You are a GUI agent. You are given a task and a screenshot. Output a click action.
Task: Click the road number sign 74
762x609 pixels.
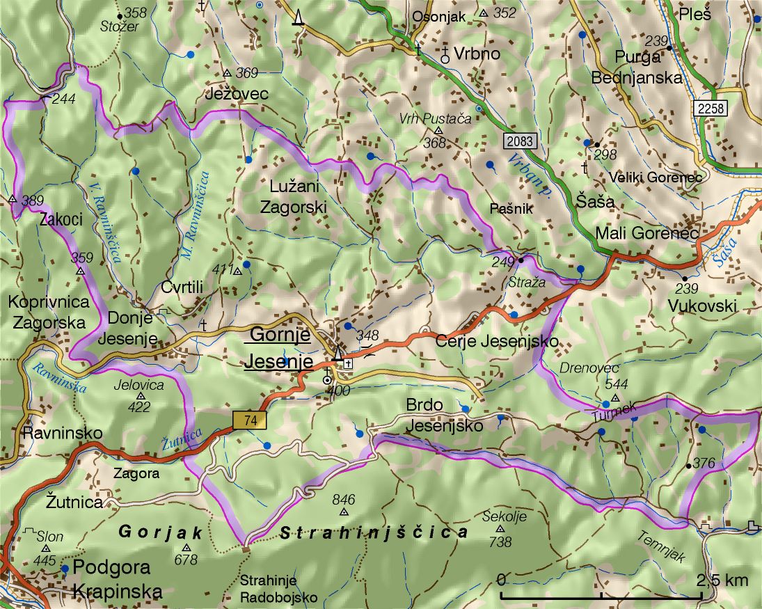[248, 420]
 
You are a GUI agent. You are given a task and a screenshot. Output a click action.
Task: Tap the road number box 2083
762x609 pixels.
[521, 141]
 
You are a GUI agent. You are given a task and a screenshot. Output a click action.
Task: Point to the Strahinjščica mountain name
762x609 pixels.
[374, 533]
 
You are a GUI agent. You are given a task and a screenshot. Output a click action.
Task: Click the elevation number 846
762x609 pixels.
[344, 499]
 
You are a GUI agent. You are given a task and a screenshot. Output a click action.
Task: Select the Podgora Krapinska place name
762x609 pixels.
[117, 579]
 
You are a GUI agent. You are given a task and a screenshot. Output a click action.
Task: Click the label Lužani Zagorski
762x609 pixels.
[292, 196]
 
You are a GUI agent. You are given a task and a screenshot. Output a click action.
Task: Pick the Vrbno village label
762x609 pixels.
[477, 54]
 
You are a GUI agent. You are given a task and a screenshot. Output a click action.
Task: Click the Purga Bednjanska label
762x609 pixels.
[636, 67]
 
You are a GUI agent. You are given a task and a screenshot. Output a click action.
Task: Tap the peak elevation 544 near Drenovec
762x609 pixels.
[617, 384]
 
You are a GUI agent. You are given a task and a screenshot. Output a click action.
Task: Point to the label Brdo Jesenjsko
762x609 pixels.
[444, 416]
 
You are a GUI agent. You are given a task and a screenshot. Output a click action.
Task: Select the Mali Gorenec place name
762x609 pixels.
[646, 234]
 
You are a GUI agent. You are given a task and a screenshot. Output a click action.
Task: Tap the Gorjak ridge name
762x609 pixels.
[160, 533]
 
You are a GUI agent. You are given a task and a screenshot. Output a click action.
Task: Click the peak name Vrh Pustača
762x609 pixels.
[436, 119]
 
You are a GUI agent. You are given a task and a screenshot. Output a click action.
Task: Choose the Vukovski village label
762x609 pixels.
[701, 306]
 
